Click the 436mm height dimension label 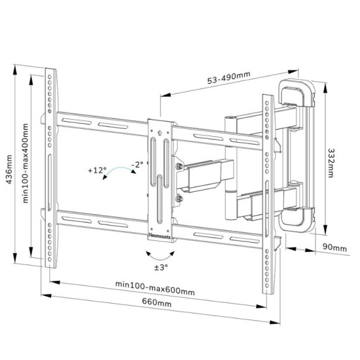pos(9,170)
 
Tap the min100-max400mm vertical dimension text pos(26,163)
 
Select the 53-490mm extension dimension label pos(228,77)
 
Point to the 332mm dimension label pos(331,163)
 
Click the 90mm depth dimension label pos(334,247)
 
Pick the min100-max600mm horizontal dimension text pos(155,288)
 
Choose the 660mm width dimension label pos(156,302)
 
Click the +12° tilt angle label pos(98,170)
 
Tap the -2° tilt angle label pos(137,164)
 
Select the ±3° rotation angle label pos(161,267)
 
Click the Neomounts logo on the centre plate pos(160,236)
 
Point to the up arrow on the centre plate pos(160,133)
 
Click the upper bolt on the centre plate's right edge pos(179,166)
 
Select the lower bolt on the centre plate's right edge pos(179,198)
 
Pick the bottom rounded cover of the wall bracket pos(296,219)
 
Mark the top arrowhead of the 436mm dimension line pos(15,69)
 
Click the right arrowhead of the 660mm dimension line pos(275,322)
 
